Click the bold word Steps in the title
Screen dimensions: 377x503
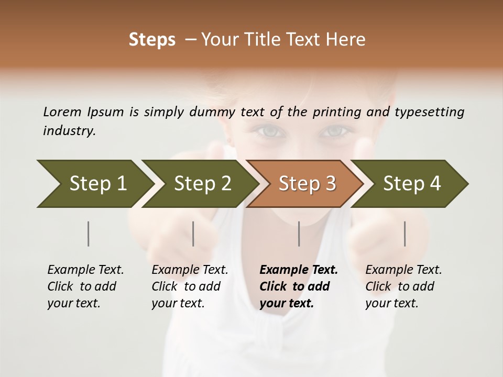pyautogui.click(x=152, y=40)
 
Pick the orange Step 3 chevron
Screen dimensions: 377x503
pyautogui.click(x=307, y=184)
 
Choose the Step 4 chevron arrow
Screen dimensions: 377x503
pyautogui.click(x=412, y=184)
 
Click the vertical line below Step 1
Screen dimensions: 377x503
pyautogui.click(x=89, y=234)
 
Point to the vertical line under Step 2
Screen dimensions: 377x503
pyautogui.click(x=193, y=234)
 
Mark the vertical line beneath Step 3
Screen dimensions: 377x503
pyautogui.click(x=299, y=234)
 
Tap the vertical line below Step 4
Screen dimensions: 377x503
pyautogui.click(x=405, y=234)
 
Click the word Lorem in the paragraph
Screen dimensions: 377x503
pyautogui.click(x=62, y=112)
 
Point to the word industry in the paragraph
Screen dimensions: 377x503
pyautogui.click(x=69, y=131)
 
